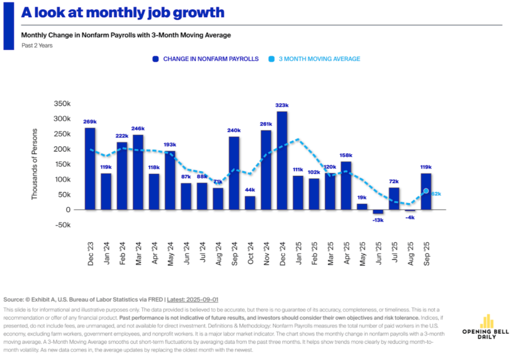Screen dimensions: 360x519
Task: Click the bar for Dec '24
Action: [x=282, y=160]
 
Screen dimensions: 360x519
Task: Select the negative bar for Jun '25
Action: [x=378, y=211]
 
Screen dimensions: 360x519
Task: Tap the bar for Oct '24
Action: [x=250, y=203]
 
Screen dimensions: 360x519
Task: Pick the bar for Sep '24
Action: [x=234, y=173]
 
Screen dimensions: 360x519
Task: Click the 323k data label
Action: [x=282, y=105]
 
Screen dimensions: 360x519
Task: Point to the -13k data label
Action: [x=378, y=220]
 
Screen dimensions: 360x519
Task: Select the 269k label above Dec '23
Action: [x=90, y=122]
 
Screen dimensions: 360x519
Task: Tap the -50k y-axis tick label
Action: [x=62, y=225]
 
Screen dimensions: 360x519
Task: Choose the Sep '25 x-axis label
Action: [x=426, y=254]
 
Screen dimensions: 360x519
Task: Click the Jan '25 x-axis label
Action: [x=298, y=254]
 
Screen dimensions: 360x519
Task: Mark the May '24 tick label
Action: [x=170, y=254]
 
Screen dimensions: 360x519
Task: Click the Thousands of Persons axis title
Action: [x=35, y=163]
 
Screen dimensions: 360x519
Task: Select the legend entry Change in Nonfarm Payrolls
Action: [x=205, y=59]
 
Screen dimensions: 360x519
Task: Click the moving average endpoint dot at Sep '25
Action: [x=426, y=191]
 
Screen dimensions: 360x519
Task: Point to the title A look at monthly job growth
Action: [x=122, y=13]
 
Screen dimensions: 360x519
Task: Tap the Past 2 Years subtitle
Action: [x=37, y=45]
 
